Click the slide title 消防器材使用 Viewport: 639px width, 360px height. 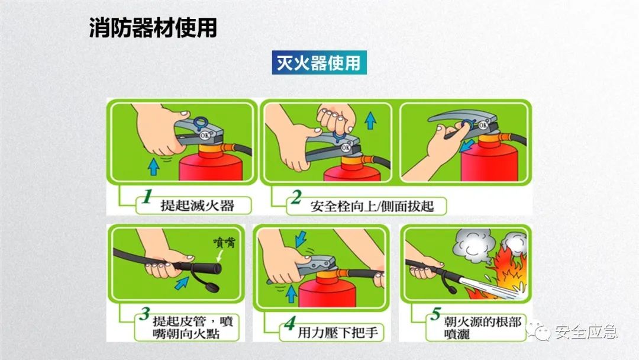point(153,28)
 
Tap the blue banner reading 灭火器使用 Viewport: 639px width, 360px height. point(319,63)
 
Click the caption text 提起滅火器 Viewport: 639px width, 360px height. point(197,206)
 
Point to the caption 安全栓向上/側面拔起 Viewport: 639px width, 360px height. point(372,207)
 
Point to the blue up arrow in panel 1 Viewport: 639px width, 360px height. point(154,168)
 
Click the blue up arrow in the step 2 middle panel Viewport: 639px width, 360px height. point(370,121)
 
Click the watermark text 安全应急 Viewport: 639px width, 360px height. point(586,332)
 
